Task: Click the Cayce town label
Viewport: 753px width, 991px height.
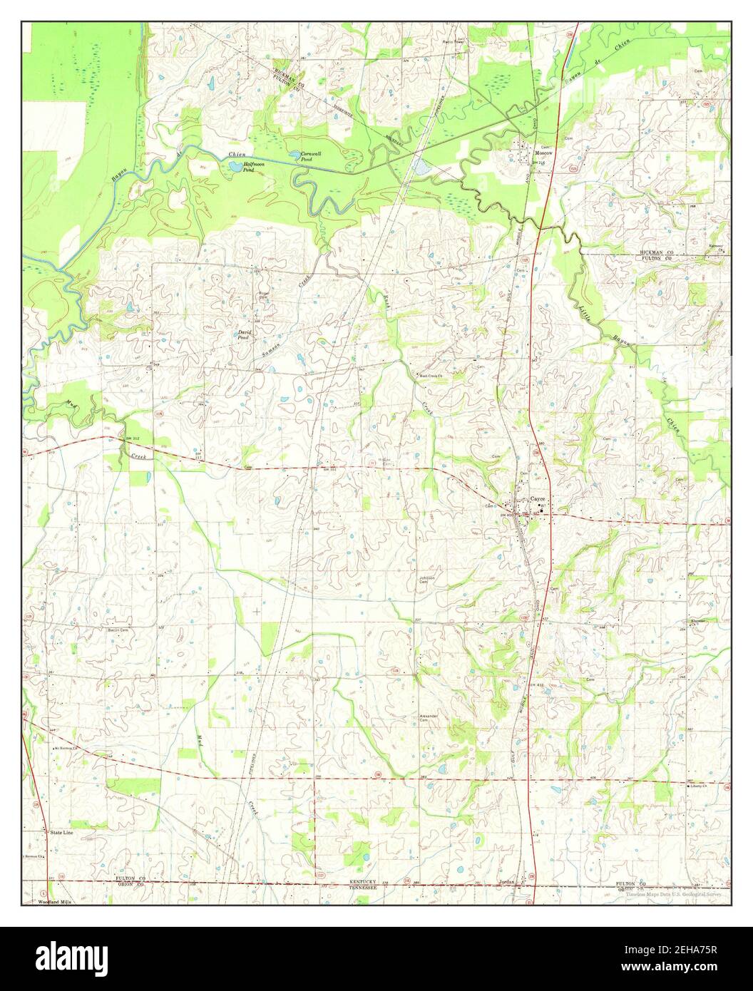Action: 538,499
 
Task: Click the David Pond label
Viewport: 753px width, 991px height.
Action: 244,335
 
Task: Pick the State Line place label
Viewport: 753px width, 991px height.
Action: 61,832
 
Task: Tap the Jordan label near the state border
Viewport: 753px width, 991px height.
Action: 507,882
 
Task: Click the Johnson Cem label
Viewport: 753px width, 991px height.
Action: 426,580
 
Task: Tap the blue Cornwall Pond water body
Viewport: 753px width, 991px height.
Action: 294,154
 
